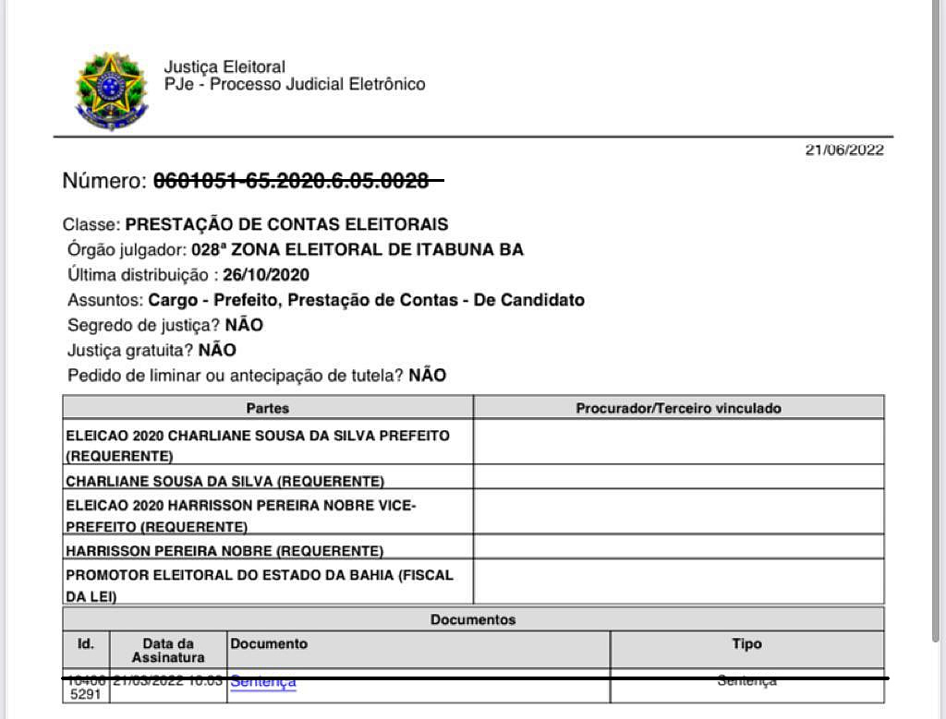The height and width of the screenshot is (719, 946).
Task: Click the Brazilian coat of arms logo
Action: [x=112, y=90]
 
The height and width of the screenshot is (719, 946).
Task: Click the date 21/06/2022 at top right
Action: [x=844, y=150]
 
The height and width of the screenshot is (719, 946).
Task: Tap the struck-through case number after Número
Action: [x=291, y=181]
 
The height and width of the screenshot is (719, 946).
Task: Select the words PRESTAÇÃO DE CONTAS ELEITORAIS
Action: [x=286, y=224]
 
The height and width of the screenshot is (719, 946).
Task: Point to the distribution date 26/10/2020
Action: [x=266, y=275]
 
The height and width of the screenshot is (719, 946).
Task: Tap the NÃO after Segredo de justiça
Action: [x=244, y=325]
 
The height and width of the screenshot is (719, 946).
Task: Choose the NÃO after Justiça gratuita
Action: [x=217, y=351]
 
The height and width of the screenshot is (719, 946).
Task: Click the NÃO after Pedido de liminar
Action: [x=428, y=376]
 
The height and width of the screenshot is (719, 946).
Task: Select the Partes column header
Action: [x=268, y=408]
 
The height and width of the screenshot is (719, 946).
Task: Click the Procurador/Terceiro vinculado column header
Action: [x=678, y=408]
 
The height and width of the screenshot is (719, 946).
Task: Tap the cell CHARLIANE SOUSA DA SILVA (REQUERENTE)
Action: [x=224, y=481]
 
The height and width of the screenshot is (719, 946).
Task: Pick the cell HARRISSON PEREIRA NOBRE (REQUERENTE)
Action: [x=224, y=551]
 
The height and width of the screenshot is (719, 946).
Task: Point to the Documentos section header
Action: [x=473, y=619]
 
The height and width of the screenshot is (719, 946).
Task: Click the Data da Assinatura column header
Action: [x=168, y=650]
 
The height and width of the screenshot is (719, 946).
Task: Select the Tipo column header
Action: [x=746, y=644]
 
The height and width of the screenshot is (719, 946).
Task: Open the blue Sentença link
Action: [x=263, y=682]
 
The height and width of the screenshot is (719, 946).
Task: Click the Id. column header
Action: [x=85, y=644]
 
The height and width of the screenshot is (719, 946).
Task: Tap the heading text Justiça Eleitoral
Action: [x=224, y=66]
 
